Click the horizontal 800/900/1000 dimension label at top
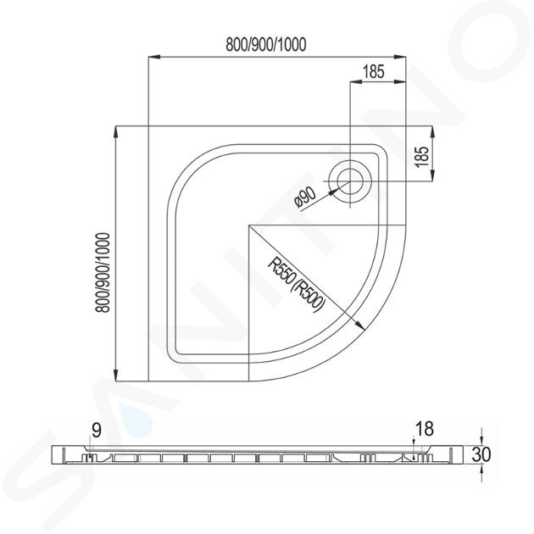(x=266, y=45)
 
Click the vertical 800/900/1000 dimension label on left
(x=103, y=273)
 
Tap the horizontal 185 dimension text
(x=373, y=71)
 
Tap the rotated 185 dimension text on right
(x=422, y=156)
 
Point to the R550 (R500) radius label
(x=295, y=284)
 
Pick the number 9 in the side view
(x=97, y=431)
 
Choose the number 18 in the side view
(x=425, y=429)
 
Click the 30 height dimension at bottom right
(x=481, y=454)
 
